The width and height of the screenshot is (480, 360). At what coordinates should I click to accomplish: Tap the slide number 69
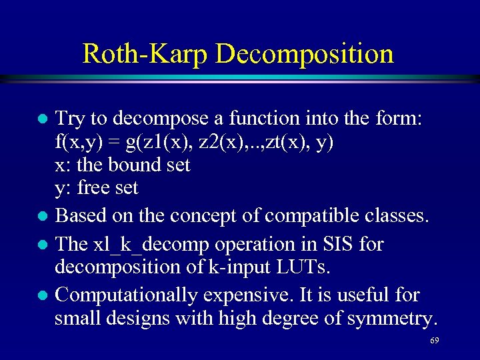click(x=434, y=341)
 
